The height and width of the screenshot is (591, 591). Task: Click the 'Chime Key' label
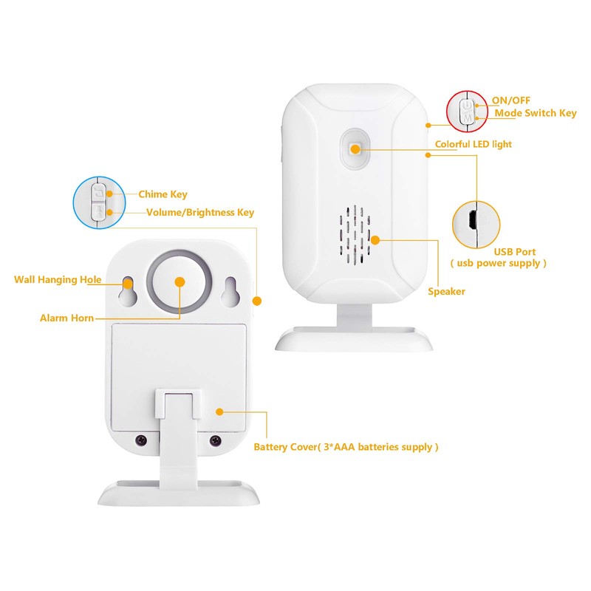163,195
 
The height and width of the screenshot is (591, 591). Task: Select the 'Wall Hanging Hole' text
58,279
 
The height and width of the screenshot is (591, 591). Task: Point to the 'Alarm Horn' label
66,318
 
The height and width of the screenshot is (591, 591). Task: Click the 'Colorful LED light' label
473,144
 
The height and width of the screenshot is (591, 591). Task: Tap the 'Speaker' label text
446,292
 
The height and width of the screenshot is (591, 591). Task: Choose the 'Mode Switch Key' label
535,113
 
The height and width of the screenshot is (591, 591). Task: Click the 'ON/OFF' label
510,100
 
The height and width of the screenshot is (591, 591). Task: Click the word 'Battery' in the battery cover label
272,447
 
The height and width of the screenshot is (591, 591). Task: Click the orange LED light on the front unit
355,149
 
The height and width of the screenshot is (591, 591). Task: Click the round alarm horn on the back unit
179,281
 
